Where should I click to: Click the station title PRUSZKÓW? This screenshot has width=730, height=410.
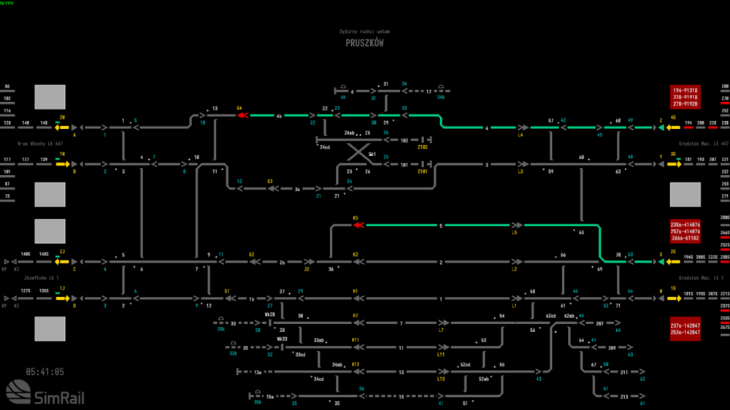click(x=364, y=43)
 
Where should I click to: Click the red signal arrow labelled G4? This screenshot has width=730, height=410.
click(x=242, y=115)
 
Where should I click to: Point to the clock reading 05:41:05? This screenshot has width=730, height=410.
click(x=45, y=371)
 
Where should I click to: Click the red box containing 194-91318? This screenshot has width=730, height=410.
click(x=685, y=97)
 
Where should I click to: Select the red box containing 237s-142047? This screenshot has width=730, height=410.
click(x=685, y=329)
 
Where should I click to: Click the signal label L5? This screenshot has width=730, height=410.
click(x=515, y=233)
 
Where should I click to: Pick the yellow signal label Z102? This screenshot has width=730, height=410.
click(x=422, y=147)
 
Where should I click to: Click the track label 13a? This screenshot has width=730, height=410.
click(x=258, y=372)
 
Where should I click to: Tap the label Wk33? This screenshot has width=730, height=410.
click(x=282, y=339)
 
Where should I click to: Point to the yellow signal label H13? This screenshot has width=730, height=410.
click(x=356, y=363)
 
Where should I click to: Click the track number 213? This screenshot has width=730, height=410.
click(x=624, y=397)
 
